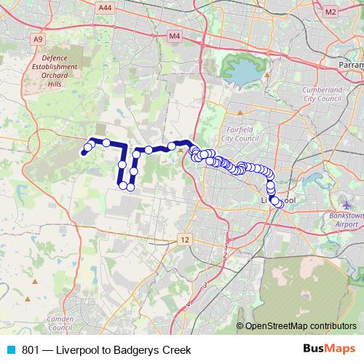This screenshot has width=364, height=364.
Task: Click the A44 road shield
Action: (106, 7)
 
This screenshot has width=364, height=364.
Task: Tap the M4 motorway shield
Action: (173, 36)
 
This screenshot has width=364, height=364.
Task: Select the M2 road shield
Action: (331, 12)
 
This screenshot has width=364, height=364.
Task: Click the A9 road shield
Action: (38, 39)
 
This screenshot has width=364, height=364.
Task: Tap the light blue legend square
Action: (10, 350)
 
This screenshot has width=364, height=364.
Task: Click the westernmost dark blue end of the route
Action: (83, 154)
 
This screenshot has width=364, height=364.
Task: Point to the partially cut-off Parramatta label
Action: (351, 65)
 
